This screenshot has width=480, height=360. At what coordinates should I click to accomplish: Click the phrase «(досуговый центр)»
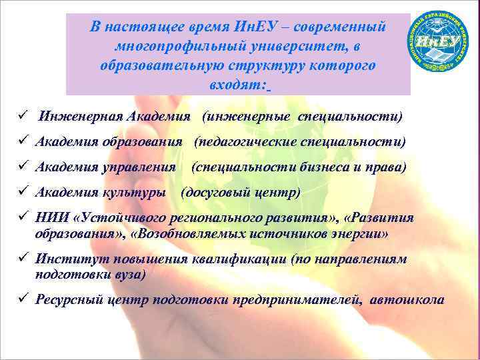coord(241,193)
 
